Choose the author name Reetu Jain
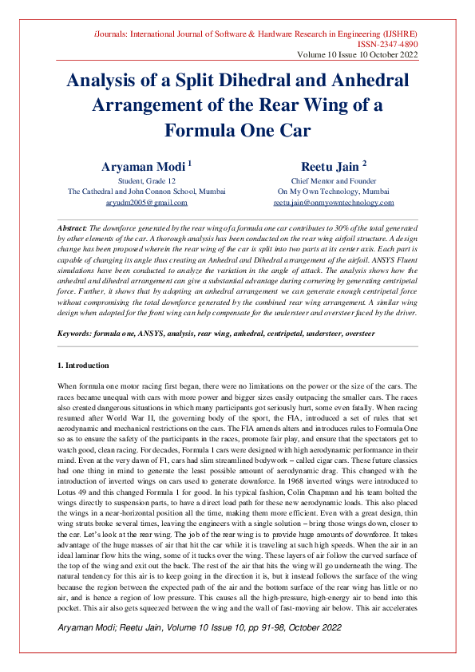click(x=328, y=166)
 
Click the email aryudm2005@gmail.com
click(x=146, y=204)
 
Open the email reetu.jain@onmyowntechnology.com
click(x=333, y=204)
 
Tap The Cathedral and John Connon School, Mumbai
click(x=146, y=192)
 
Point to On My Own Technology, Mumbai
click(x=333, y=192)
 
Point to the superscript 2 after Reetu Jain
click(x=364, y=163)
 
